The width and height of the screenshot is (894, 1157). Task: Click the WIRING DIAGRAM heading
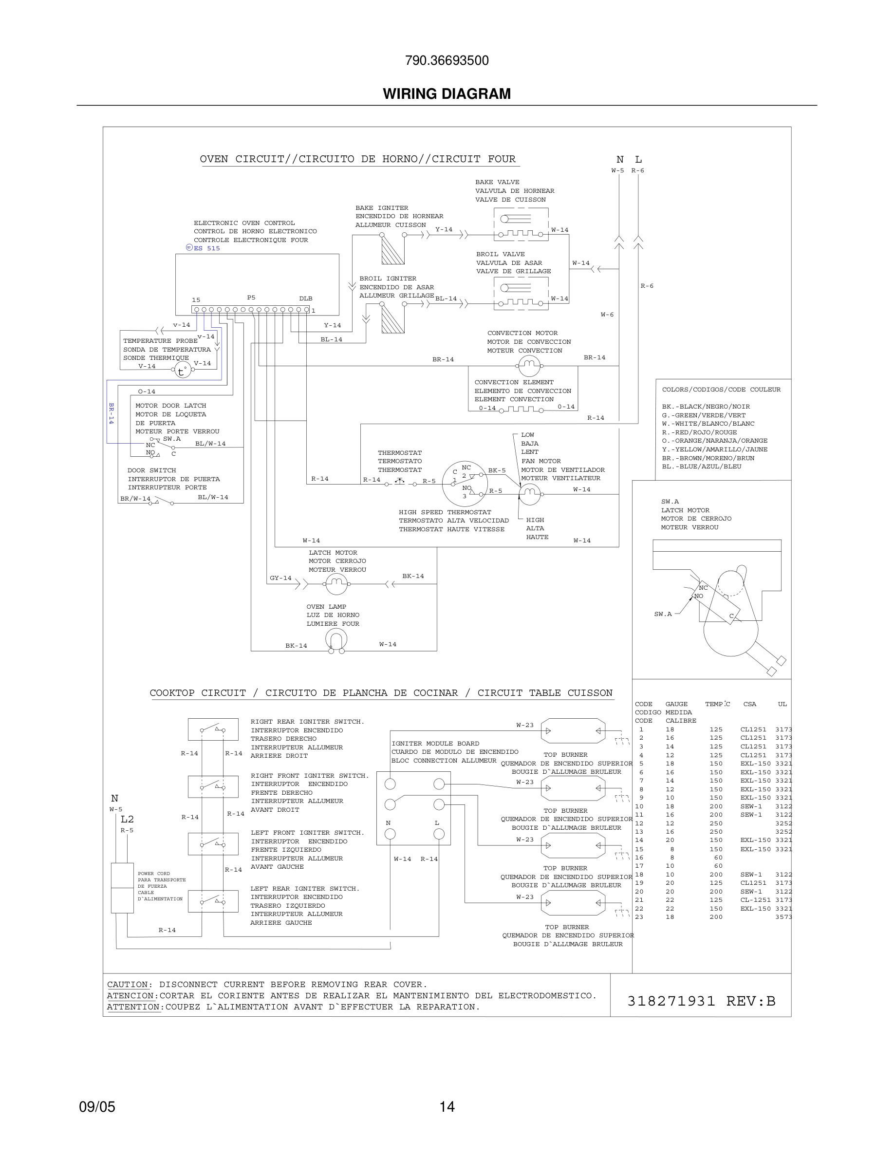click(x=447, y=94)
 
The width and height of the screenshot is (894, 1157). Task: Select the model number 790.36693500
click(x=447, y=60)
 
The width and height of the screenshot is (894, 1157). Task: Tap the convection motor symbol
click(x=529, y=365)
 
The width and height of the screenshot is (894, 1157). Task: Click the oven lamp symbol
click(x=336, y=641)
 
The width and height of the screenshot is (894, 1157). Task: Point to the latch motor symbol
click(x=336, y=584)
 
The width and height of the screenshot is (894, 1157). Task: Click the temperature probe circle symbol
click(x=182, y=370)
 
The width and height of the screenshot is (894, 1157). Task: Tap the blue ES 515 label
click(x=206, y=248)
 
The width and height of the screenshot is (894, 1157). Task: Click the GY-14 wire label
click(x=280, y=578)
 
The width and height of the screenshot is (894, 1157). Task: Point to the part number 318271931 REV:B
click(x=701, y=1001)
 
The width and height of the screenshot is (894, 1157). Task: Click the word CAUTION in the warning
click(x=128, y=984)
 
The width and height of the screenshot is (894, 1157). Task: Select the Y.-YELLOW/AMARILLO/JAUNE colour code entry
click(x=714, y=449)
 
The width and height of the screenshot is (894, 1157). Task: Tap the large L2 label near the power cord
click(x=127, y=819)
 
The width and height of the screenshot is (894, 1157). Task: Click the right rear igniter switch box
click(x=213, y=729)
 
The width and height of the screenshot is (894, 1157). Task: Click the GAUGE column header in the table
click(x=676, y=704)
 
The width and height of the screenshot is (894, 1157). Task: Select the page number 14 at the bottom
click(x=447, y=1107)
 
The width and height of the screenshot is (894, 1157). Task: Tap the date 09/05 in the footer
click(x=97, y=1107)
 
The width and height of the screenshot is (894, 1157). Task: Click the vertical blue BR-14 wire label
click(x=111, y=413)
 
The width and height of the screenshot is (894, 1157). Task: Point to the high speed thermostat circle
click(x=465, y=483)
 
